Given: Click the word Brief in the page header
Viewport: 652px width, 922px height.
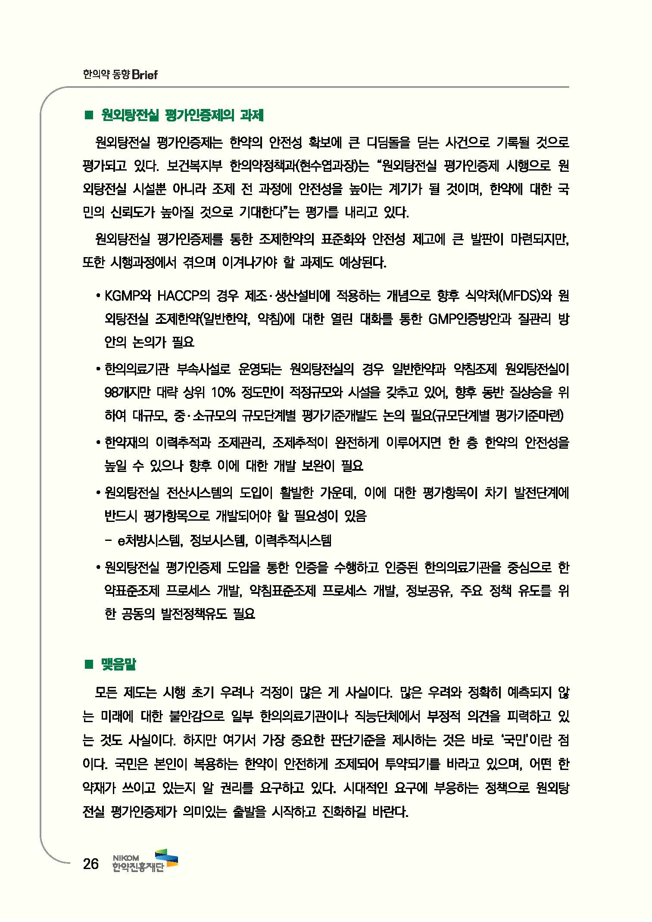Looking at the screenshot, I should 145,75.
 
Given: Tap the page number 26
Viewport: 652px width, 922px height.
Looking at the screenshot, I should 90,864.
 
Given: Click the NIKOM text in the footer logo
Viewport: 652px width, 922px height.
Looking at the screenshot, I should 125,858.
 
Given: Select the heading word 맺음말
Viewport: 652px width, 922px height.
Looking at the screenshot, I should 119,664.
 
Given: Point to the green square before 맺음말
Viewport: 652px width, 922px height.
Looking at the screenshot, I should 89,665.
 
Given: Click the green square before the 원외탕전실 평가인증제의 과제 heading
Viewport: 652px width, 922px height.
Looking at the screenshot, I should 89,115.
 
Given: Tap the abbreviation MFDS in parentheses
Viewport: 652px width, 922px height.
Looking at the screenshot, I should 521,296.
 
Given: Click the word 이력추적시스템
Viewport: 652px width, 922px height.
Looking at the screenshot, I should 293,540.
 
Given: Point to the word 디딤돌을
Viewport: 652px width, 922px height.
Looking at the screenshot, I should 389,143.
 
